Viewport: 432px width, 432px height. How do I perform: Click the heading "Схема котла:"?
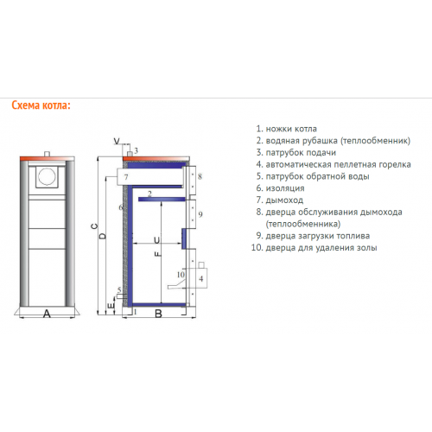(41, 105)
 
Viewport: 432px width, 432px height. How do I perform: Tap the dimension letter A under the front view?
(47, 314)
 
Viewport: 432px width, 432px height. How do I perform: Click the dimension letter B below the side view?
(158, 314)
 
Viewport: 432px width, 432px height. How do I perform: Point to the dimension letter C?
(94, 226)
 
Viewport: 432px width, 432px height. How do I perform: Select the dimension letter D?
(103, 236)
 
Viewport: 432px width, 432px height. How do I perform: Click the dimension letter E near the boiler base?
(111, 306)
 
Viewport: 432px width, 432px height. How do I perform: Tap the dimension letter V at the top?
(117, 141)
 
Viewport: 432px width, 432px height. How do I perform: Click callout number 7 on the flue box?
(126, 177)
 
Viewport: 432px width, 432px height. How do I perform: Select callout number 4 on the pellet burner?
(201, 278)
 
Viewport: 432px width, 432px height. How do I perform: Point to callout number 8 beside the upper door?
(200, 176)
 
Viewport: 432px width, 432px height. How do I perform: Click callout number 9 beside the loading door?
(200, 214)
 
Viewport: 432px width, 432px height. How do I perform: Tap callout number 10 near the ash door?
(181, 275)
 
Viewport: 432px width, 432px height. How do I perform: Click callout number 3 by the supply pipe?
(137, 150)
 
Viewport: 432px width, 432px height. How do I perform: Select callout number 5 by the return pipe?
(119, 289)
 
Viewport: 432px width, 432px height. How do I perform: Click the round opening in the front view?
(47, 176)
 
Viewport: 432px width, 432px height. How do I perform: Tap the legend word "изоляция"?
(285, 188)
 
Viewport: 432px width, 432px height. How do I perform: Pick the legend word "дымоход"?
(284, 200)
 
